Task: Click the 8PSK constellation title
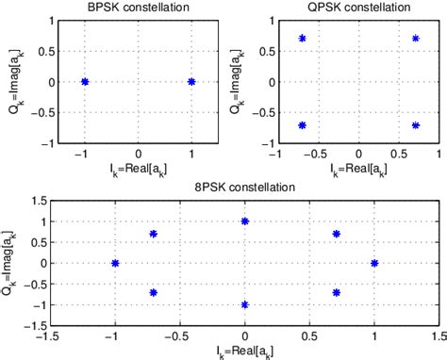click(x=245, y=187)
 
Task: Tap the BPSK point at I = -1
click(x=85, y=82)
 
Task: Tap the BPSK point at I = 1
click(x=191, y=82)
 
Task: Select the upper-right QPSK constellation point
click(x=415, y=39)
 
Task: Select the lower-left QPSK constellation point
click(x=303, y=125)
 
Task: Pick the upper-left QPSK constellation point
click(x=303, y=39)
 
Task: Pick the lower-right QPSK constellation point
click(x=415, y=125)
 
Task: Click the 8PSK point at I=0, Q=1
click(x=245, y=221)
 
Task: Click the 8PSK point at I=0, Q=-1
click(x=245, y=304)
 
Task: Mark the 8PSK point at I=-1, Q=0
click(x=115, y=263)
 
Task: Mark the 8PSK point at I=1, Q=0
click(x=374, y=263)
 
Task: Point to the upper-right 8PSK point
click(x=337, y=234)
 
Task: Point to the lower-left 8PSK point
click(x=153, y=292)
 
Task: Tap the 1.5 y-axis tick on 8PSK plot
click(x=38, y=201)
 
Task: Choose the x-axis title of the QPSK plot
click(x=359, y=168)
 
